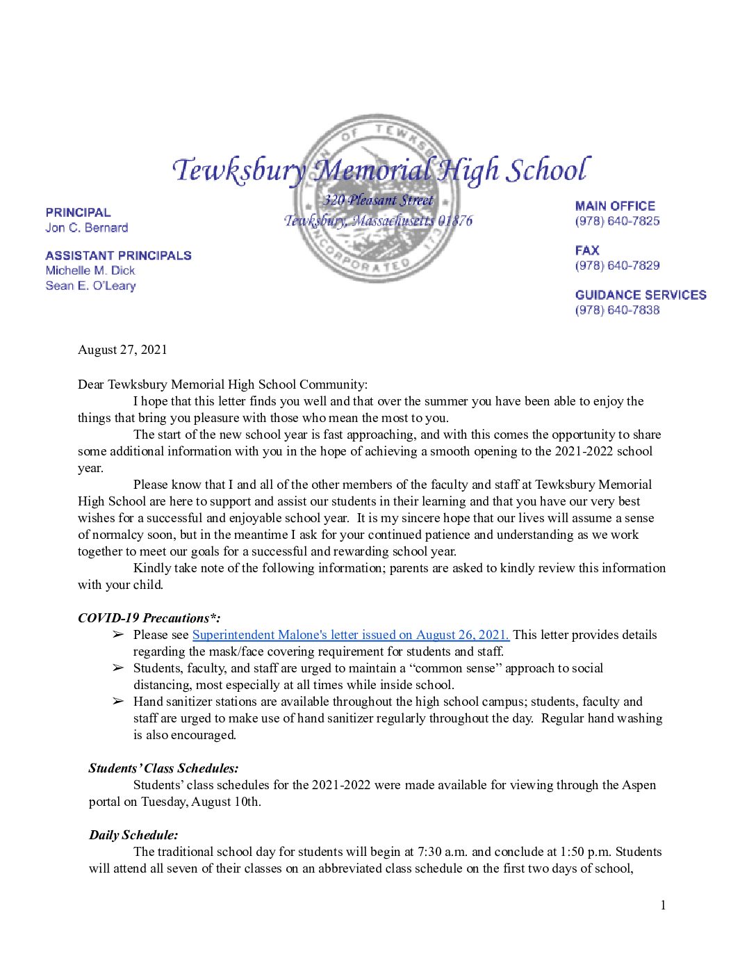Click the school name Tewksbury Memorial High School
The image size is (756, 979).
381,170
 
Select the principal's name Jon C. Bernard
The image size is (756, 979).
87,227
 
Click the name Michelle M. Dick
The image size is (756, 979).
90,270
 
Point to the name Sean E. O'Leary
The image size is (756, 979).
90,286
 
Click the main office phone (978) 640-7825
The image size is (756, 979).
617,221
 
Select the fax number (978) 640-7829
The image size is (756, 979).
617,266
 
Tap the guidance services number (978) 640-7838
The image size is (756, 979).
617,310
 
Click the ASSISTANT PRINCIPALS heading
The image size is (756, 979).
118,255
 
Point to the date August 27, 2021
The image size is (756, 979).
122,350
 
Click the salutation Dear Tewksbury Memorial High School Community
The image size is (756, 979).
222,385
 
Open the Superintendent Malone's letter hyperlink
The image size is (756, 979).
350,635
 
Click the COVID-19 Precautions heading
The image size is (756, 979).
149,618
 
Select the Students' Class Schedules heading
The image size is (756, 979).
163,768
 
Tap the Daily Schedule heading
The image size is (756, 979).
133,835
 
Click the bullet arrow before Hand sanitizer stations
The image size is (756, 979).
118,702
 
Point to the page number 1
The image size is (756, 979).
663,905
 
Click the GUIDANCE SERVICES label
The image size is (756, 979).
640,295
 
